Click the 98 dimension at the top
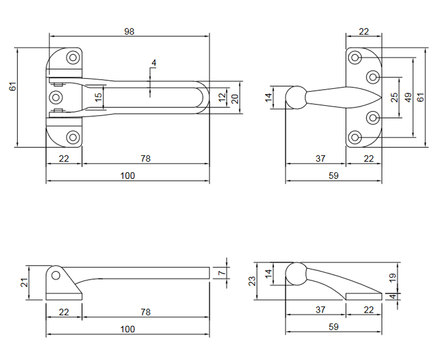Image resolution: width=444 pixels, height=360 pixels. pos(129,32)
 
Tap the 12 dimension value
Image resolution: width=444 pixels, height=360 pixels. pos(222,97)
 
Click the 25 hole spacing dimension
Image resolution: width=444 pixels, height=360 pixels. pos(394,97)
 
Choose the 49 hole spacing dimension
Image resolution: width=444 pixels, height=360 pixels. pos(408,97)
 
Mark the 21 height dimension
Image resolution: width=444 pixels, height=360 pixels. pos(23,283)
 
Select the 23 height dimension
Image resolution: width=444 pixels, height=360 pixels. pos(252,281)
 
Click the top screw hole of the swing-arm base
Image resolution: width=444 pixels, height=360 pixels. pos(73,58)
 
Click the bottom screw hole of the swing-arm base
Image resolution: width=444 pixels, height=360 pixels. pos(73,137)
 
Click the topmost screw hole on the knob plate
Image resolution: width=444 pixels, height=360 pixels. pos(355,57)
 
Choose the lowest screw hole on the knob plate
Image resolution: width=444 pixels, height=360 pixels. pos(355,137)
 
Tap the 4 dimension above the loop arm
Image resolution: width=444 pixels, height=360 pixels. pos(153,63)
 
